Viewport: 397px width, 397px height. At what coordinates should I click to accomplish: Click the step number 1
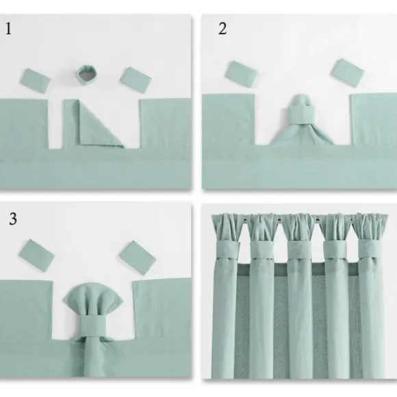pyautogui.click(x=8, y=29)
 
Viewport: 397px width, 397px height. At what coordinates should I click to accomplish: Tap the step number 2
pyautogui.click(x=222, y=28)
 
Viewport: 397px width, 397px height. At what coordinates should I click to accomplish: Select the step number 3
pyautogui.click(x=13, y=219)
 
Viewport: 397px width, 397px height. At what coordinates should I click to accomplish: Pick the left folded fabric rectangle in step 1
pyautogui.click(x=36, y=81)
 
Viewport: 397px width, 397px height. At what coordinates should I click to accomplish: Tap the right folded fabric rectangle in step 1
pyautogui.click(x=136, y=80)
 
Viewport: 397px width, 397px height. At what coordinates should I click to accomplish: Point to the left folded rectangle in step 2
pyautogui.click(x=242, y=74)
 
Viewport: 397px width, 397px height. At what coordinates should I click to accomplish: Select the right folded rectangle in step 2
pyautogui.click(x=347, y=73)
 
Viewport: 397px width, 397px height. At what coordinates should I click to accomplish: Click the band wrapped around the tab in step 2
pyautogui.click(x=302, y=115)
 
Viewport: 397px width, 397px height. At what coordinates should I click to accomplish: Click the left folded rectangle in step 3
pyautogui.click(x=37, y=255)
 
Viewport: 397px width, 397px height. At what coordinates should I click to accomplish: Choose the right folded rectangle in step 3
pyautogui.click(x=138, y=258)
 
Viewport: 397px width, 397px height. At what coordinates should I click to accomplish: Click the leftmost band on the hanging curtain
pyautogui.click(x=229, y=250)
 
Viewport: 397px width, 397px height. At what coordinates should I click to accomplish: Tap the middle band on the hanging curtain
pyautogui.click(x=299, y=250)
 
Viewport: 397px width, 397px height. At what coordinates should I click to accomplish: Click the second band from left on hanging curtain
pyautogui.click(x=262, y=250)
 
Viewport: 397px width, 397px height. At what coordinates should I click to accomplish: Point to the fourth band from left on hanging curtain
pyautogui.click(x=335, y=249)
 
